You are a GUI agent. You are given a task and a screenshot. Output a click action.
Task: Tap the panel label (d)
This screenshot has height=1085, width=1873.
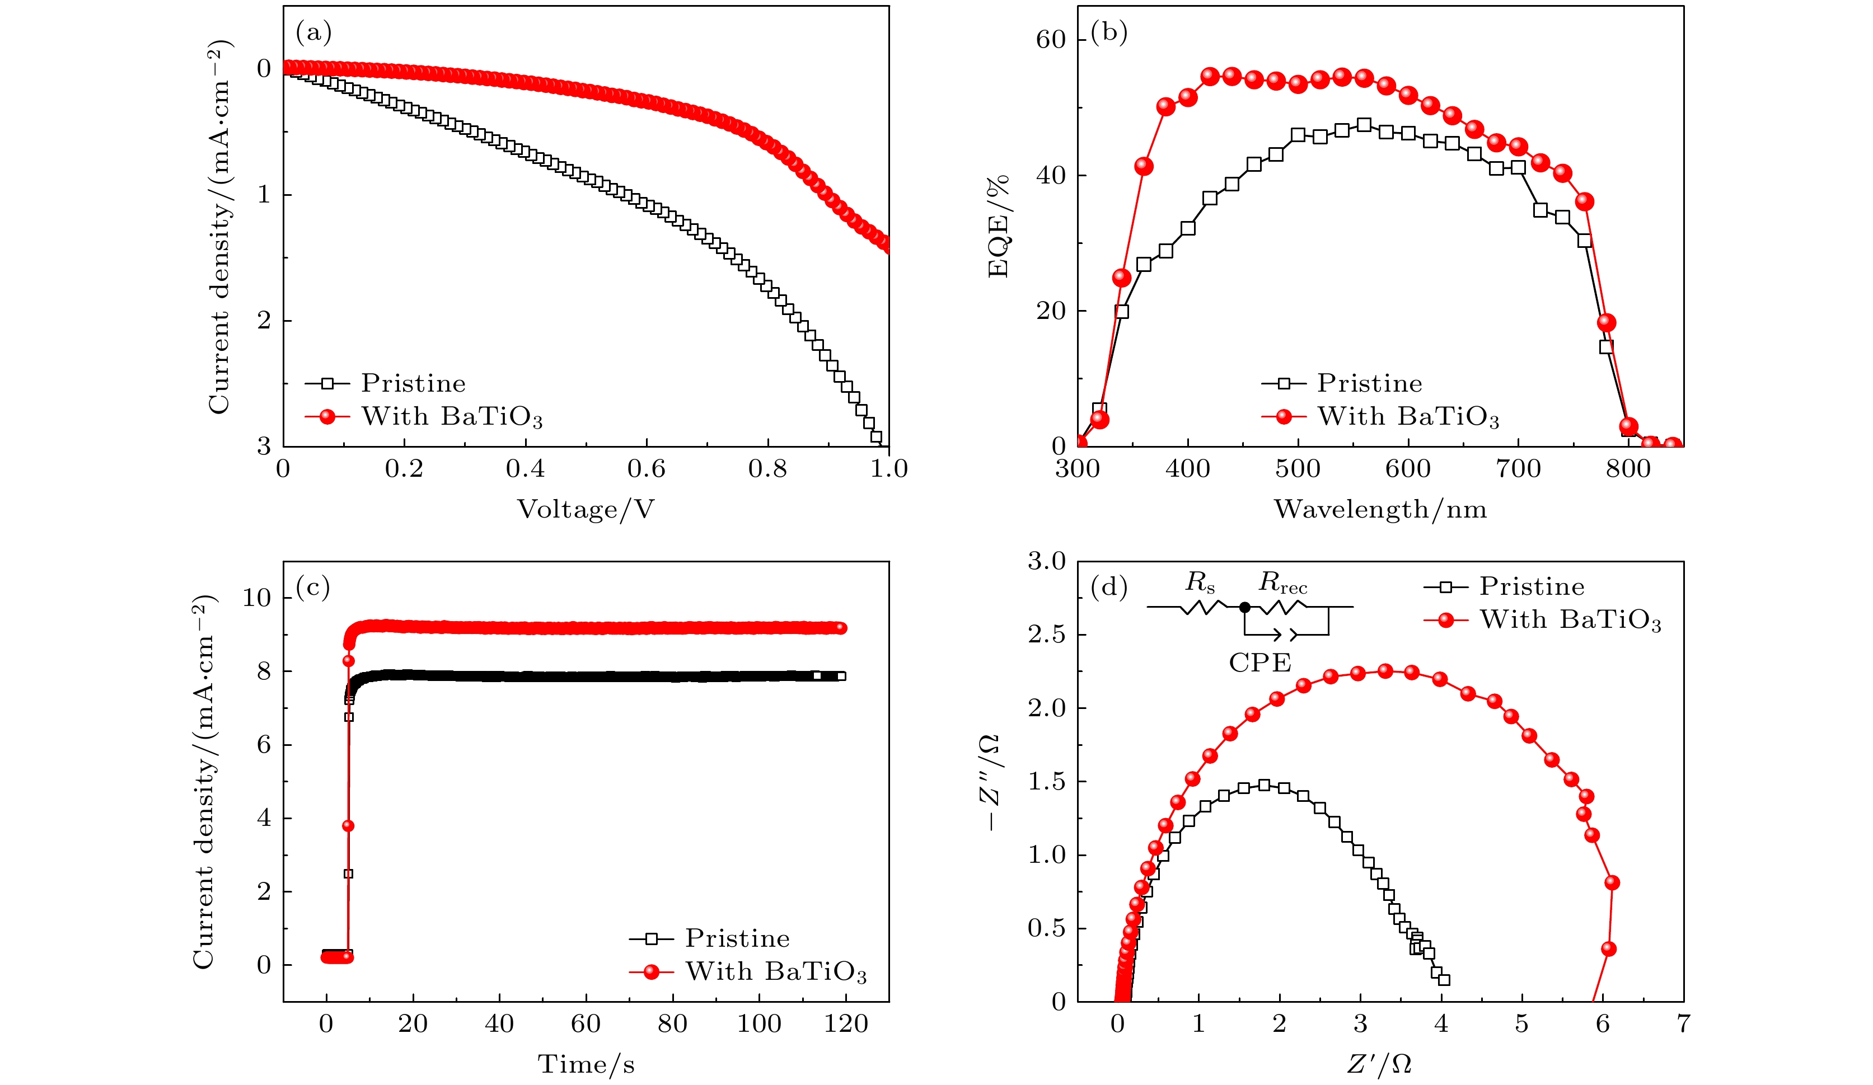coord(1108,588)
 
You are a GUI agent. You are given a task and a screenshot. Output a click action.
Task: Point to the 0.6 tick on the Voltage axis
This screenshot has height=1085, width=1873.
coord(646,469)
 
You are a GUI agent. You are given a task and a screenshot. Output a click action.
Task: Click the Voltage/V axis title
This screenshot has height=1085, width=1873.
coord(586,510)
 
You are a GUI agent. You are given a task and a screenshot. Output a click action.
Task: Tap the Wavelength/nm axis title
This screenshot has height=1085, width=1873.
coord(1380,510)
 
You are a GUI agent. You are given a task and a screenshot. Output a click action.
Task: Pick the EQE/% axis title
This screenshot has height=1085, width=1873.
coord(998,226)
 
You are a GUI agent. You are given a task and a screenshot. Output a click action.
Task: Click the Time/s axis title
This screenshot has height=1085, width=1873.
coord(586,1065)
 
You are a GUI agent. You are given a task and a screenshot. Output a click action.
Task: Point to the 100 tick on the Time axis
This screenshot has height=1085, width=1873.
coord(759,1024)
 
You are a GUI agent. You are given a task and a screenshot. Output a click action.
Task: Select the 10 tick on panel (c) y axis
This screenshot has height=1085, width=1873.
coord(256,598)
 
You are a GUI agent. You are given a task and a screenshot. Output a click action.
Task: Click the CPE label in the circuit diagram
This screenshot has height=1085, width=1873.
coord(1260,662)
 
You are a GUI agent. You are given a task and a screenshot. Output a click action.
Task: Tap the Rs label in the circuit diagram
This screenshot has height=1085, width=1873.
coord(1200,584)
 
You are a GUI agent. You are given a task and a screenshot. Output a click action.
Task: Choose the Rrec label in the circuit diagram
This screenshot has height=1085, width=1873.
coord(1282,584)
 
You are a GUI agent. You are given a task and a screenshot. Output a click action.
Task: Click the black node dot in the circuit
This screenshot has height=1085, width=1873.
coord(1245,607)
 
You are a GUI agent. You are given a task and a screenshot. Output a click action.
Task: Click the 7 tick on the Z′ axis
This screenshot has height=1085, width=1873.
coord(1683,1024)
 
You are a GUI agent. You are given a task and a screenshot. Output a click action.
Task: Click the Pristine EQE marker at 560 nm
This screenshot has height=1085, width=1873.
coord(1364,125)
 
